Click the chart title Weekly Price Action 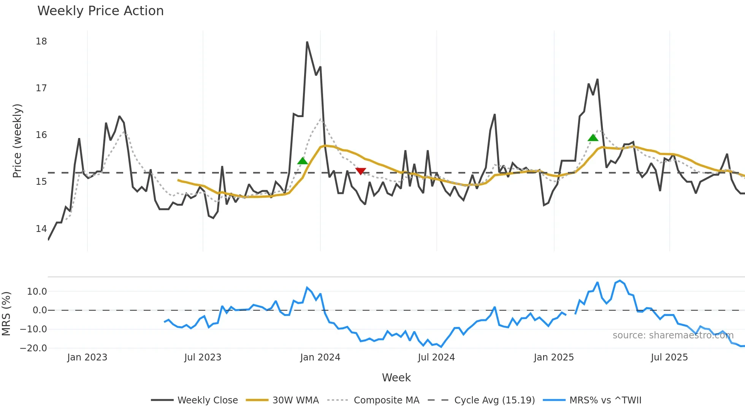[x=100, y=11]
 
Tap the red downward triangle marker [x=360, y=171]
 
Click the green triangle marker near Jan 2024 [x=303, y=161]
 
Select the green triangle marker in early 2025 [x=593, y=138]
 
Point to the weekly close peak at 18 [x=307, y=42]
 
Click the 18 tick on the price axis [x=41, y=41]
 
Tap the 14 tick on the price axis [x=41, y=229]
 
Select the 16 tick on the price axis [x=41, y=135]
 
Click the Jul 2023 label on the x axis [x=203, y=357]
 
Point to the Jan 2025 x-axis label [x=553, y=357]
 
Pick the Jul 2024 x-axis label [x=436, y=357]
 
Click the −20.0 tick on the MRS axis [x=33, y=348]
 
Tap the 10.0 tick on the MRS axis [x=36, y=292]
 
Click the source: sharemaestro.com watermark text [x=673, y=335]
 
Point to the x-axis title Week [x=396, y=378]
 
